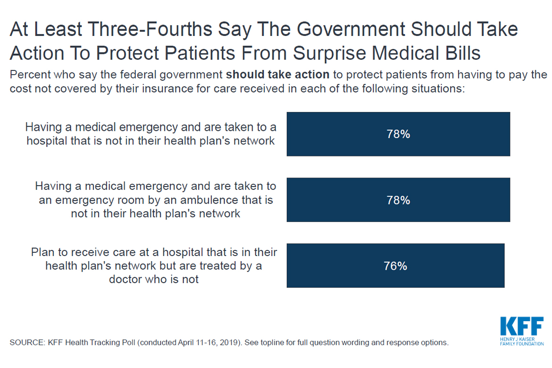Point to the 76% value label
tap(395, 266)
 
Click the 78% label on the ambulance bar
tap(398, 200)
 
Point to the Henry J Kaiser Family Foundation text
tap(521, 342)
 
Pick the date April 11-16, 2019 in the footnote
tap(217, 342)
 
